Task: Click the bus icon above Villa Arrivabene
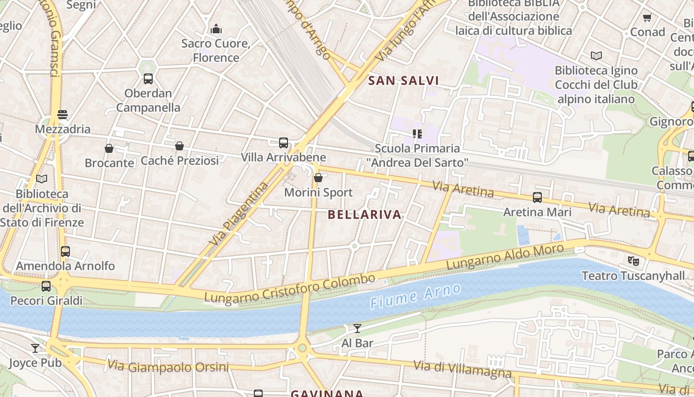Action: point(284,143)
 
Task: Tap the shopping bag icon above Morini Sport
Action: point(318,177)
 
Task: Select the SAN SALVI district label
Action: point(404,80)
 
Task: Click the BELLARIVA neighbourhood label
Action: point(364,215)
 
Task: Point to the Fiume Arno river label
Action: point(415,297)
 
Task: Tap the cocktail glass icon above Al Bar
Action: point(357,328)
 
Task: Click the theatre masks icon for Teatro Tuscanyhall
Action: point(633,261)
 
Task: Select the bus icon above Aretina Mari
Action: point(537,198)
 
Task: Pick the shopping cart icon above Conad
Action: point(647,18)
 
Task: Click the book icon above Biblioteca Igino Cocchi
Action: point(596,56)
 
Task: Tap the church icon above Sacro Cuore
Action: point(216,29)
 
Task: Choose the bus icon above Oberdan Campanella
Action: point(148,78)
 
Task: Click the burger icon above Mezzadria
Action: point(62,115)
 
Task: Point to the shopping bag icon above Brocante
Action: point(109,148)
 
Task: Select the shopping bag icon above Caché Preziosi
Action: point(179,146)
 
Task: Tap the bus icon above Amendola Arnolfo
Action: point(65,251)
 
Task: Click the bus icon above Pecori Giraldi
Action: point(46,286)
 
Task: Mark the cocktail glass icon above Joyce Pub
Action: point(35,348)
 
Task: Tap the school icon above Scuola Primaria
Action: point(417,133)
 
